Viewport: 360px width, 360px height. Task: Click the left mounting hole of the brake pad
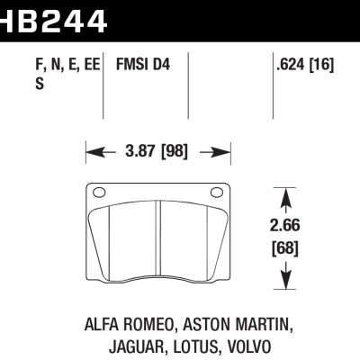pos(98,191)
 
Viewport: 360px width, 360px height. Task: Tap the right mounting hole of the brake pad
pos(216,191)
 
